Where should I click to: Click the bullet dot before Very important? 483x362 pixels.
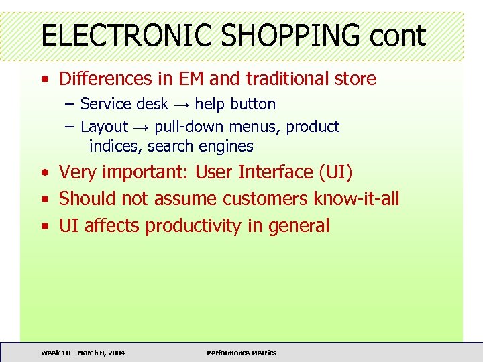(x=44, y=173)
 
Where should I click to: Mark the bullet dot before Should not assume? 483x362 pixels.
(x=44, y=200)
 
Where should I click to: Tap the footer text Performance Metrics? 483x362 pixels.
(x=241, y=353)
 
